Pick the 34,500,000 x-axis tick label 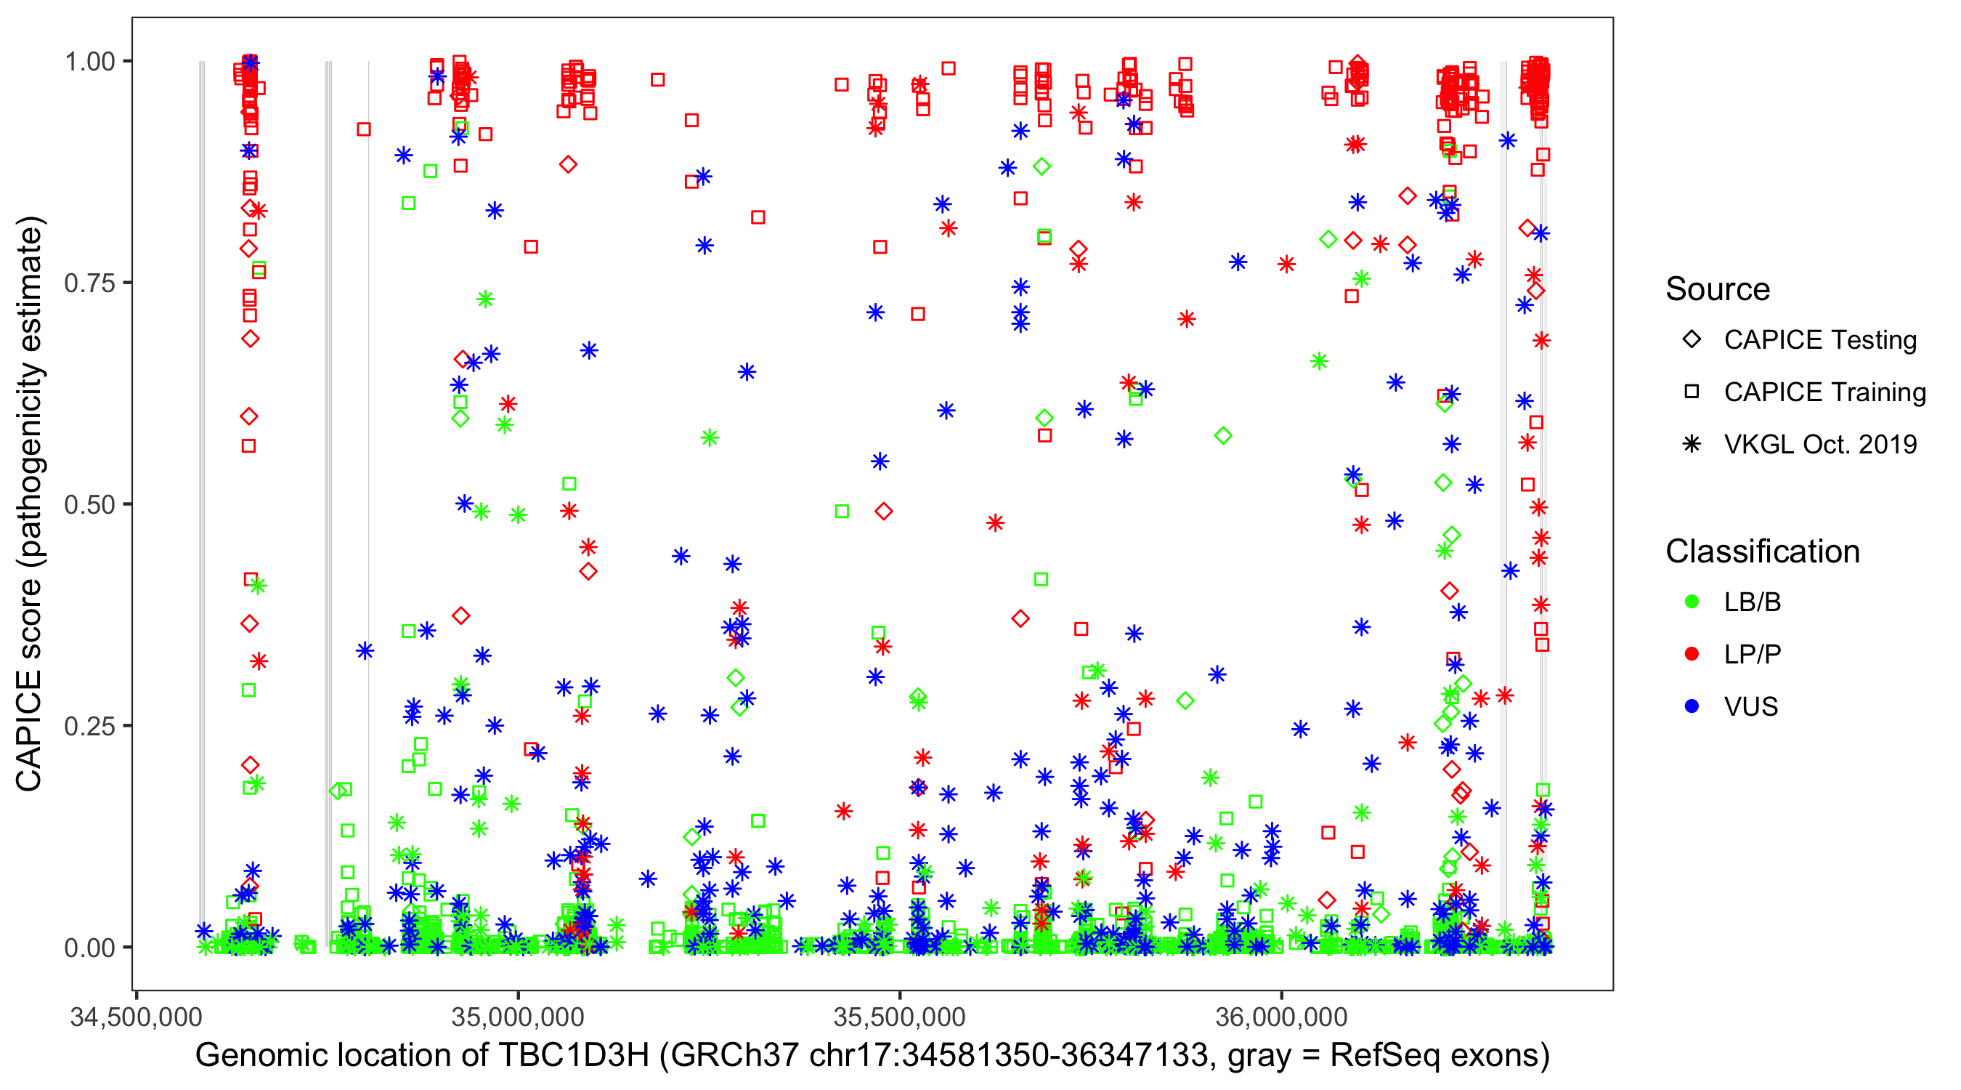[x=137, y=1017]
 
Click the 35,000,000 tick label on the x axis [x=518, y=1017]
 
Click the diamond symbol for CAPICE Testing [x=1692, y=340]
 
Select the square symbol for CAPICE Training [x=1692, y=392]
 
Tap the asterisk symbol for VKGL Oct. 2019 [x=1692, y=444]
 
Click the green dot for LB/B [x=1692, y=602]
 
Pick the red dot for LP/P [x=1692, y=654]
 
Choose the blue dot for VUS [x=1692, y=706]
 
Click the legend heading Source [x=1718, y=289]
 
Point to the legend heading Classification [x=1762, y=552]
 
